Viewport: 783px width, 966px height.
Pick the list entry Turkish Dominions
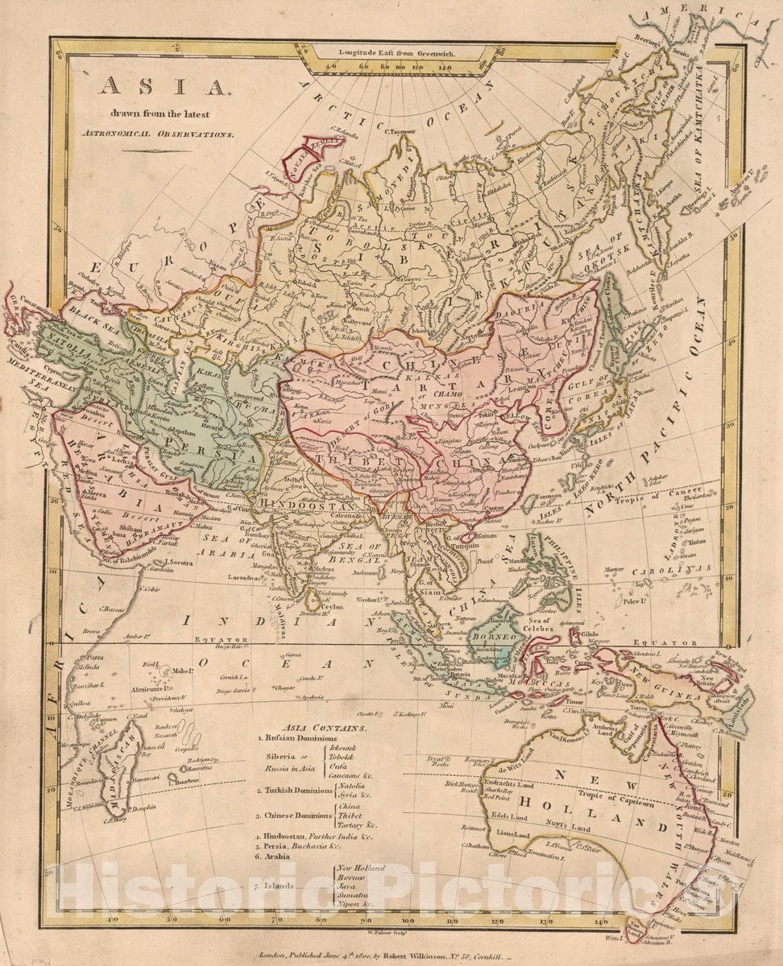click(292, 791)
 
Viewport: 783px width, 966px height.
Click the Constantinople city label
click(31, 308)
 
